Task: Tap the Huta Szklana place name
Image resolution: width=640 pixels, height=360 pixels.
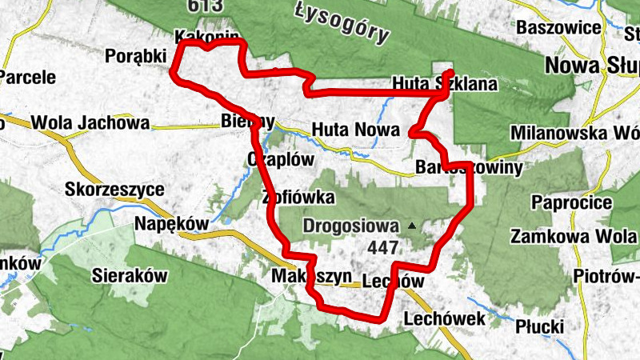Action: pyautogui.click(x=446, y=83)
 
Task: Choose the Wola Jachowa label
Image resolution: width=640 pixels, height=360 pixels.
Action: pyautogui.click(x=90, y=124)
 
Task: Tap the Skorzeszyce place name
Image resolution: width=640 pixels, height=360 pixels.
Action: pyautogui.click(x=116, y=190)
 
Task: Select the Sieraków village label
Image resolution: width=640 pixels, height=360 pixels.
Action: pyautogui.click(x=129, y=275)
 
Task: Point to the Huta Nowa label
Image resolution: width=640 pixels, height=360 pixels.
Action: pyautogui.click(x=345, y=128)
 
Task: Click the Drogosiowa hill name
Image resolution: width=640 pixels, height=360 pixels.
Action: pyautogui.click(x=351, y=226)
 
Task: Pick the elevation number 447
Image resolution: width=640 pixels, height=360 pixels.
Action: pyautogui.click(x=383, y=248)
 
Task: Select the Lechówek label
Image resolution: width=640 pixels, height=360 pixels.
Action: pyautogui.click(x=445, y=319)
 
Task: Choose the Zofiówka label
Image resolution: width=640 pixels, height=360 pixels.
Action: pyautogui.click(x=298, y=197)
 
